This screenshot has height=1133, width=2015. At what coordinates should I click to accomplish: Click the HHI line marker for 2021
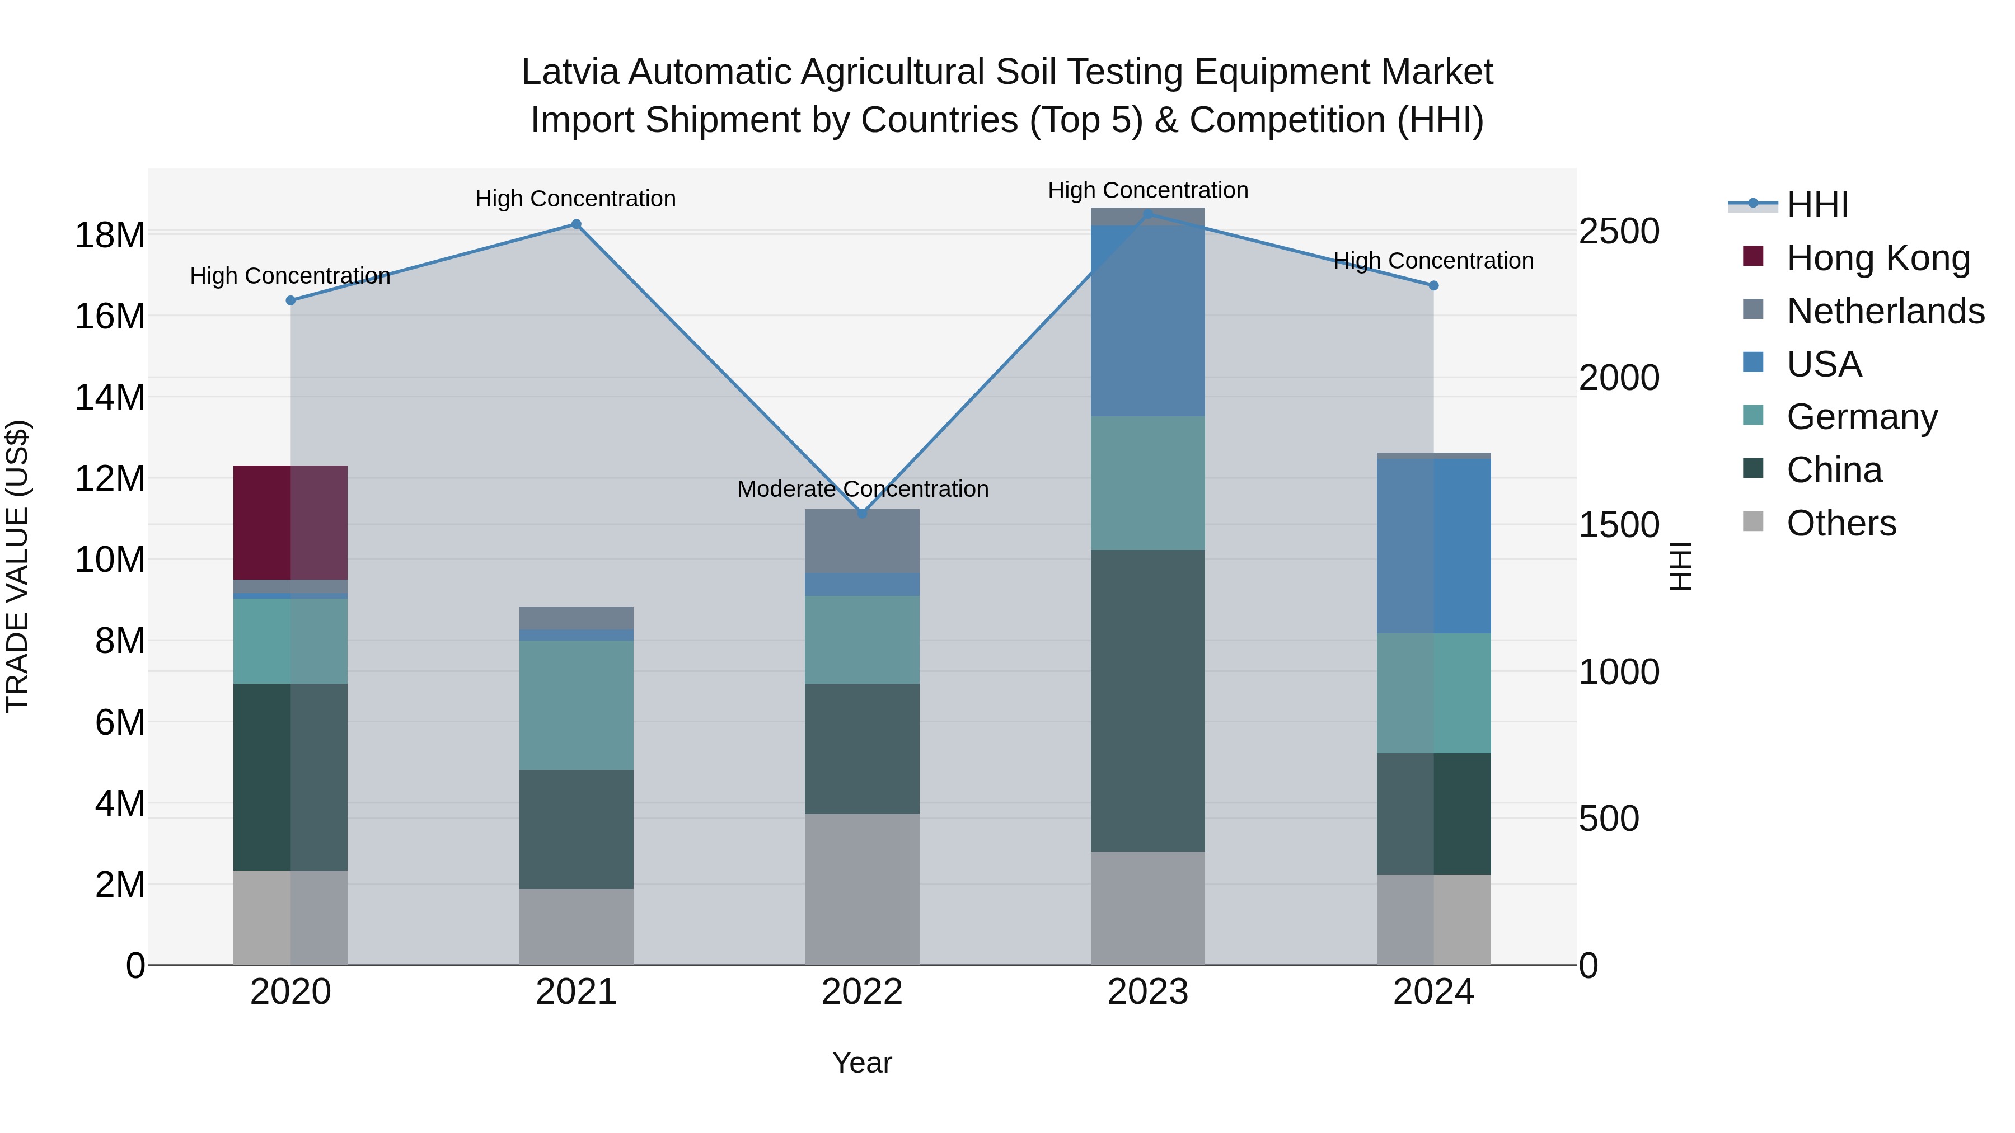pos(576,224)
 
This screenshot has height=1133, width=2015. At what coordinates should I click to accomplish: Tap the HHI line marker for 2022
pos(862,514)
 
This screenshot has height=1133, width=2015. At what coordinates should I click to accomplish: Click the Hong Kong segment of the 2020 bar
pos(289,523)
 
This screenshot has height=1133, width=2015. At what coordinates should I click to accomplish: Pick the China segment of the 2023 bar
pos(1147,700)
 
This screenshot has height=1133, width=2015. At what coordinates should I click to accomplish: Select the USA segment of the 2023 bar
pos(1147,321)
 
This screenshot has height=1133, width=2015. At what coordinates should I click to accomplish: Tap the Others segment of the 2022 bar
pos(862,889)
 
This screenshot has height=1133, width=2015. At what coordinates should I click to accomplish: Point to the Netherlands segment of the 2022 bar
pos(862,541)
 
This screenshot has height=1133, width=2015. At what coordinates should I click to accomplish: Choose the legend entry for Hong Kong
pos(1877,258)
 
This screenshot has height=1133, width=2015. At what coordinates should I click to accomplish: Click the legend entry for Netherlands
pos(1885,311)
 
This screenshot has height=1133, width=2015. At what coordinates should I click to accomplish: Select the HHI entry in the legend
pos(1817,205)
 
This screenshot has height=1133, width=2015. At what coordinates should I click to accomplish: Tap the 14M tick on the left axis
pos(110,397)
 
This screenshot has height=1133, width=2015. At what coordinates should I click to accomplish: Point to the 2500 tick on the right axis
pos(1618,232)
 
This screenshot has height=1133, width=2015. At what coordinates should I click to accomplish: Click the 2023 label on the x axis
pos(1147,992)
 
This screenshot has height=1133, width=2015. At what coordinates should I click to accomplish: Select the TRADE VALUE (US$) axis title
pos(17,566)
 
